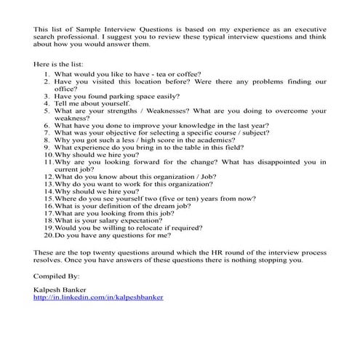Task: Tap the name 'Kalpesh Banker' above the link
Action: pos(57,289)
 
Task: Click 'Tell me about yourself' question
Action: pos(92,105)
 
